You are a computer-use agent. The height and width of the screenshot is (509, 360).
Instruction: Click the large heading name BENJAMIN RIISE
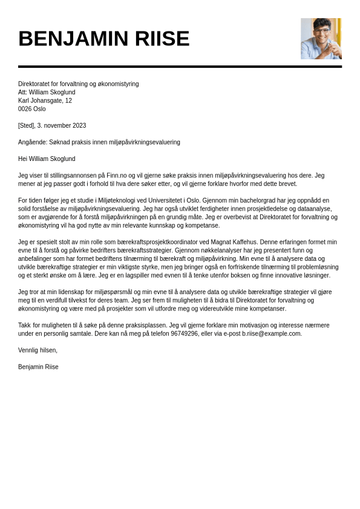click(x=103, y=39)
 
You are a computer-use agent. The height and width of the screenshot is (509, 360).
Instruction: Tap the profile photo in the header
click(x=321, y=39)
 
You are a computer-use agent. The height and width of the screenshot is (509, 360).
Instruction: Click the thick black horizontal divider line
click(x=180, y=67)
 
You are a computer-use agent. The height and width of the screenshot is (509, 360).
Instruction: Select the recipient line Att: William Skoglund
click(x=47, y=93)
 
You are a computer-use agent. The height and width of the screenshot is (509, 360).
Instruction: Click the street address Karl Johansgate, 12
click(x=45, y=100)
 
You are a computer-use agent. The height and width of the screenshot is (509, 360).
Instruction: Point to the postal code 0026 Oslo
click(x=31, y=109)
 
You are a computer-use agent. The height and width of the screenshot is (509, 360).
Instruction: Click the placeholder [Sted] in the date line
click(x=26, y=126)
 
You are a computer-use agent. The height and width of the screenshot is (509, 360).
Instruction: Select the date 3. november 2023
click(x=62, y=126)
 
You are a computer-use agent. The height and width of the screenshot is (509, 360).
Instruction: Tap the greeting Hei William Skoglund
click(x=47, y=159)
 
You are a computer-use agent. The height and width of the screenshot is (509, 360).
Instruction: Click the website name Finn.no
click(x=117, y=176)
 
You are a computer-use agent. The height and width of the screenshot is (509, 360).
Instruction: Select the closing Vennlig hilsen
click(x=38, y=350)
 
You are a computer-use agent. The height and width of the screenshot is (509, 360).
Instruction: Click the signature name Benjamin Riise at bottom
click(x=38, y=367)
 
